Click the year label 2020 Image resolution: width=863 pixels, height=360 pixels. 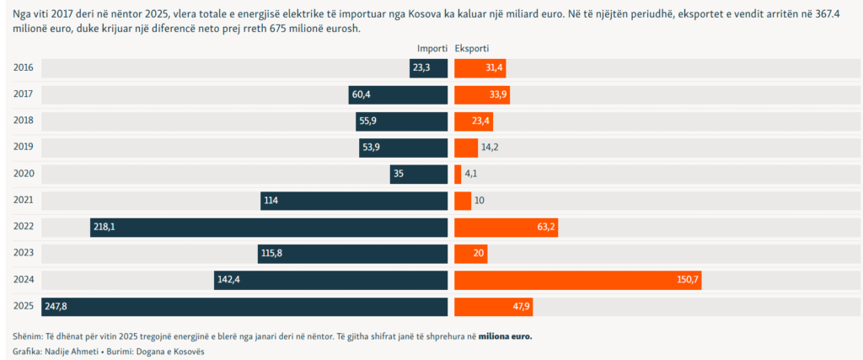[24, 174]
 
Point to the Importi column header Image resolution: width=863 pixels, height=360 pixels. [431, 49]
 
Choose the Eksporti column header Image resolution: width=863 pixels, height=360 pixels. [472, 49]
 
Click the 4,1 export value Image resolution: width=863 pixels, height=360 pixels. [472, 175]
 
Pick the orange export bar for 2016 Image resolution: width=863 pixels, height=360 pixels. [480, 68]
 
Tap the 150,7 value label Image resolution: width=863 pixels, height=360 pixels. [688, 280]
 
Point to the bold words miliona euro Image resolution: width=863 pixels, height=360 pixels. [505, 336]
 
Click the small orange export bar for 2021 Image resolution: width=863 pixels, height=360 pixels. [463, 201]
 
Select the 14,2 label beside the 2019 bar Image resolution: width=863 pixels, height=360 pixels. [490, 148]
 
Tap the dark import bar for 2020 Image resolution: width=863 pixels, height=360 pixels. [418, 175]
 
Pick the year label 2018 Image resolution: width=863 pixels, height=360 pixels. [24, 121]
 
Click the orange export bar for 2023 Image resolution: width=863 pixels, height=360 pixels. [470, 254]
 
